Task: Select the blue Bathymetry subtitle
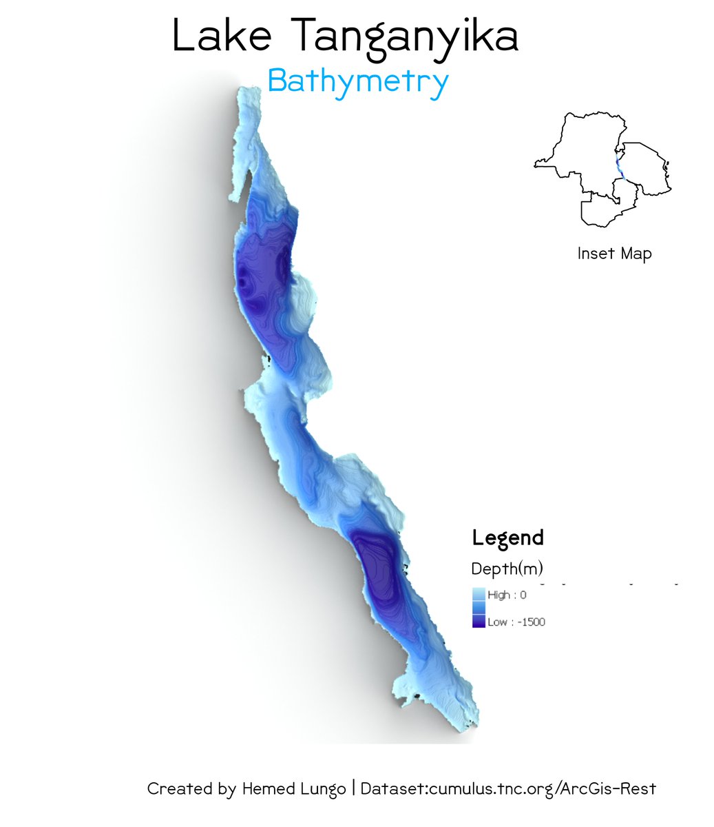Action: (x=358, y=82)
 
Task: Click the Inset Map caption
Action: (x=614, y=254)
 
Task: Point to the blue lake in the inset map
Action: (x=619, y=165)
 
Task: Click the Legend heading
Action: (x=507, y=538)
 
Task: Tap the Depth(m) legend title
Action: (x=507, y=569)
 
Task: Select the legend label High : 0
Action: (x=507, y=595)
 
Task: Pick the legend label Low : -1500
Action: (x=516, y=622)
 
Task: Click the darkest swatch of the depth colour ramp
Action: (x=479, y=622)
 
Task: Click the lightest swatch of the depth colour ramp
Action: (x=479, y=593)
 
